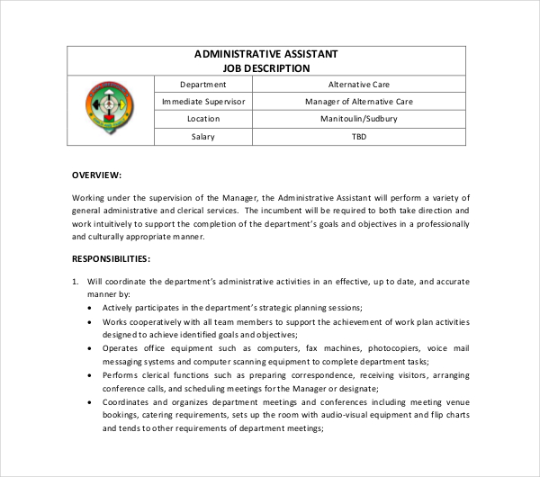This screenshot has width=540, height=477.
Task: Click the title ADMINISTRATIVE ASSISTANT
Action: coord(265,54)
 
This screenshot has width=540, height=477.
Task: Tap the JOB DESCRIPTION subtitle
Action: coord(265,67)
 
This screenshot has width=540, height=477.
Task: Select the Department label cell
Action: coord(202,84)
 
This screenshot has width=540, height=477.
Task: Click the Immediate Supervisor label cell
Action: coord(202,102)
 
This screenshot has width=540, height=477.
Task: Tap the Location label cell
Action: coord(202,119)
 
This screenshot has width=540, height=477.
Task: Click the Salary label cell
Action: coord(202,137)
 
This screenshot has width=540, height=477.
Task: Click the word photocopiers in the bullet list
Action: coord(394,348)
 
